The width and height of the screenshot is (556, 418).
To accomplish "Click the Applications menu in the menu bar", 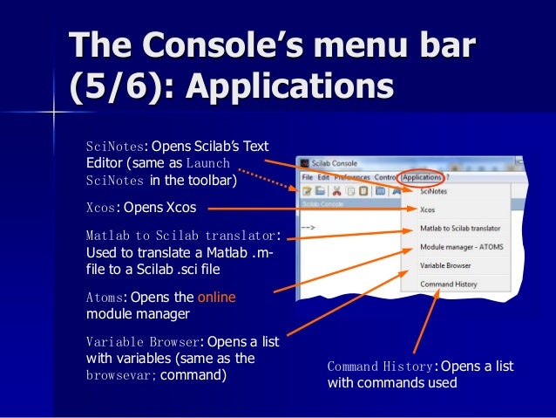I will [424, 178].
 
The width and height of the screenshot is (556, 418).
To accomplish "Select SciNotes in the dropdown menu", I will [433, 190].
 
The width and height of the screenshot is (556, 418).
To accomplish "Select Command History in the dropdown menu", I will [447, 284].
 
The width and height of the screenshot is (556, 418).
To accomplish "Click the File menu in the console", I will [307, 178].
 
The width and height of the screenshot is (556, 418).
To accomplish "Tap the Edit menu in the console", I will [322, 178].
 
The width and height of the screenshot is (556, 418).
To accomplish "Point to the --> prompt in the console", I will [307, 228].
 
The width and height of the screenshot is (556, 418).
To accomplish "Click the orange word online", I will [216, 297].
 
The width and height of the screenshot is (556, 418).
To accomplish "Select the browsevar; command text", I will [121, 376].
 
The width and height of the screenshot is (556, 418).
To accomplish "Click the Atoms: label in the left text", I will [106, 297].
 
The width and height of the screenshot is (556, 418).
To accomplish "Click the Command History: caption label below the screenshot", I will [380, 367].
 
